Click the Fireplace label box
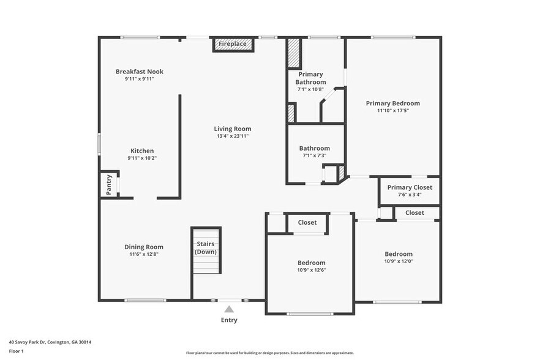point(233,44)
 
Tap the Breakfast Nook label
point(140,72)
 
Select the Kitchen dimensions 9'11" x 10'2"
point(141,158)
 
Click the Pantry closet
point(109,184)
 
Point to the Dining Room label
point(144,247)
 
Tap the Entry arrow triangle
point(229,309)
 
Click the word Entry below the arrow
point(229,320)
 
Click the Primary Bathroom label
point(310,78)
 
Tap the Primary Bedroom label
point(392,103)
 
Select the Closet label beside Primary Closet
point(414,212)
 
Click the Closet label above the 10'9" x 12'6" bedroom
point(307,223)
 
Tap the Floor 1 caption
point(16,351)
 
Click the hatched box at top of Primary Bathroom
point(294,54)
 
